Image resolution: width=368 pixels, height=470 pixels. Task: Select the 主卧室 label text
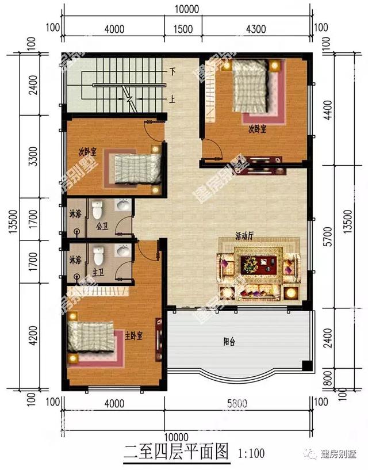tap(134, 335)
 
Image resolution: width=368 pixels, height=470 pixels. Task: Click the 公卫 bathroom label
tap(102, 226)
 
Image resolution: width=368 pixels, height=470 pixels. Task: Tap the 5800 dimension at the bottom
tap(237, 403)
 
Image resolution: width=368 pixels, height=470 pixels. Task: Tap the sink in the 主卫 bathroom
tap(122, 251)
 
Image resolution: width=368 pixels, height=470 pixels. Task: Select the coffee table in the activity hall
tap(256, 265)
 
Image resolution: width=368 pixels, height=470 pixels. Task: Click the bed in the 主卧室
tap(92, 337)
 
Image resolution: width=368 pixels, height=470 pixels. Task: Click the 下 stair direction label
tap(172, 72)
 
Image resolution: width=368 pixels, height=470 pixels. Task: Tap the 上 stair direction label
tap(172, 98)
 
